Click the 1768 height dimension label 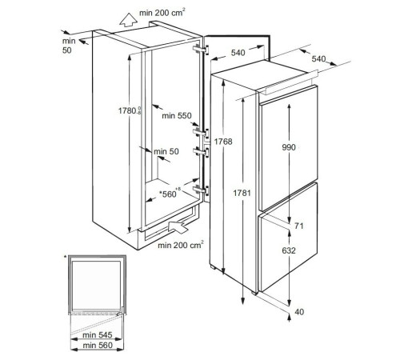click(223, 142)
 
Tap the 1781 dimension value click(242, 193)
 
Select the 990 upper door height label click(289, 147)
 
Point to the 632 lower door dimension click(289, 250)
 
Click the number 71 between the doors click(299, 226)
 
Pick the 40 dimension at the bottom click(299, 312)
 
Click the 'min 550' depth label click(177, 115)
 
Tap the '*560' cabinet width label click(168, 194)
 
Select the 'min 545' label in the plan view click(98, 334)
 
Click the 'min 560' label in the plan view click(98, 346)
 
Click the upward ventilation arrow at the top click(127, 20)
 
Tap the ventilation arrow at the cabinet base click(178, 226)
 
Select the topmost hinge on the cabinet click(202, 50)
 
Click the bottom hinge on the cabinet click(202, 190)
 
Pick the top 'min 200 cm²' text click(162, 13)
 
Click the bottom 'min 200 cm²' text click(181, 245)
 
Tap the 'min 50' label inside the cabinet click(166, 151)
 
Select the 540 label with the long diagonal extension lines click(318, 58)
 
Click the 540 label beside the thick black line click(238, 53)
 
